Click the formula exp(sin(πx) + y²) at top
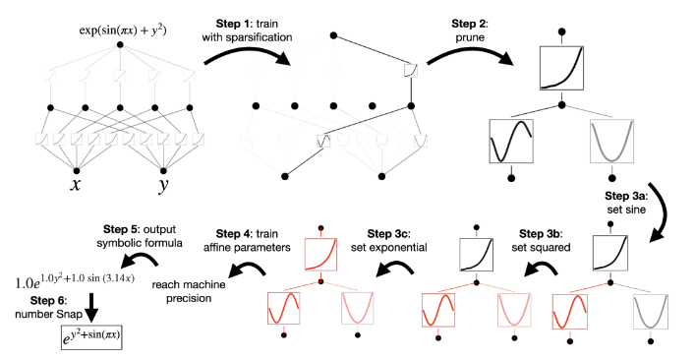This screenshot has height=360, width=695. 123,30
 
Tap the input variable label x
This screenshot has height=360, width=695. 76,184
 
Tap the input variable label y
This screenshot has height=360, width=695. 164,185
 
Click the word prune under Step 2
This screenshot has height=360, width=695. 470,38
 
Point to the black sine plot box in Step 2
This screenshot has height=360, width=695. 511,141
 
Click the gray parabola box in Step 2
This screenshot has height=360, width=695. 612,141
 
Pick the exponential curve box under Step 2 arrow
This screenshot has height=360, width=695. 561,68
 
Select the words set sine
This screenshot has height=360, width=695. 626,210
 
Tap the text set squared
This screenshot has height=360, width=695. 541,248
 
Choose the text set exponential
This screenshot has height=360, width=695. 388,247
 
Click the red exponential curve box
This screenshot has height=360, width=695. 320,254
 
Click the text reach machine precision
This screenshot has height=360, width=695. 189,291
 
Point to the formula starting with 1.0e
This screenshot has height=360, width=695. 75,280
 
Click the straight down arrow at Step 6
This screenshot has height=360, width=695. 91,308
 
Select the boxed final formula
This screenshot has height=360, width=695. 91,337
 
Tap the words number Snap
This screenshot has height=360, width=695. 49,315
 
